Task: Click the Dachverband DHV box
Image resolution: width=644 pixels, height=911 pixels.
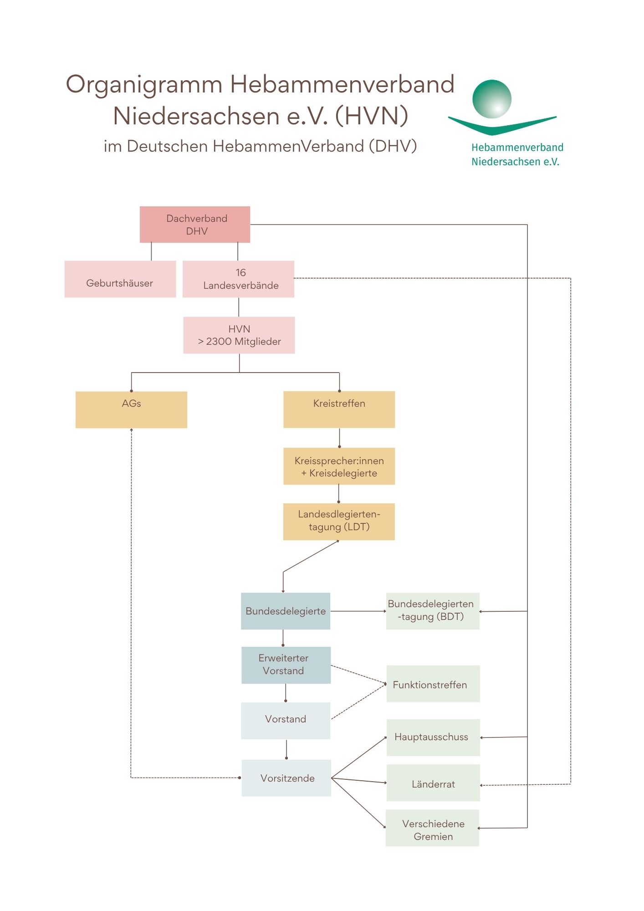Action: pyautogui.click(x=195, y=225)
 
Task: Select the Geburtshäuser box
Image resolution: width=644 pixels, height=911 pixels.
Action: pyautogui.click(x=120, y=279)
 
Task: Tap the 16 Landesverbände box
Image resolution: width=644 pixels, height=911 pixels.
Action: pyautogui.click(x=238, y=279)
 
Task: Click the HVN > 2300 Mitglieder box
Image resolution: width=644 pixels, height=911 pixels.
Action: pyautogui.click(x=239, y=335)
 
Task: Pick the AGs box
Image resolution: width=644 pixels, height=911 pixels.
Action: pyautogui.click(x=131, y=409)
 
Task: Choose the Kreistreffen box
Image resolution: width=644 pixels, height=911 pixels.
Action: pyautogui.click(x=339, y=409)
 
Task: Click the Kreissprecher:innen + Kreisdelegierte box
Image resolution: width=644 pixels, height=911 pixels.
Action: pyautogui.click(x=339, y=466)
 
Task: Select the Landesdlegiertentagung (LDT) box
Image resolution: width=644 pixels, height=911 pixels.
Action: pyautogui.click(x=339, y=522)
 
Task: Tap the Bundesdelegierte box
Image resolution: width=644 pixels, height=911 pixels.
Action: pyautogui.click(x=286, y=611)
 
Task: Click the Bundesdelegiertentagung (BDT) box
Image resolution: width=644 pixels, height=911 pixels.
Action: pyautogui.click(x=433, y=611)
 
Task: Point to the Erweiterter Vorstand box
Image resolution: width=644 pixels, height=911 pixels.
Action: pyautogui.click(x=286, y=665)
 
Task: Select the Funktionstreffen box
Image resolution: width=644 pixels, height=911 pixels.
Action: pyautogui.click(x=433, y=684)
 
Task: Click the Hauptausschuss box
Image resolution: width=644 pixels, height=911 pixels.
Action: pyautogui.click(x=433, y=737)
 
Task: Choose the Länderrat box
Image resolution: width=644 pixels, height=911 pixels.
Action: pyautogui.click(x=433, y=783)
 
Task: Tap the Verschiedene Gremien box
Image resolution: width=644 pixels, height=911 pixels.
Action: pyautogui.click(x=432, y=828)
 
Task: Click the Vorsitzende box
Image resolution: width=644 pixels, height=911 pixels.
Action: pyautogui.click(x=286, y=778)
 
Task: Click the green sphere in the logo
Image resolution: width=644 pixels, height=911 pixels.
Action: pyautogui.click(x=492, y=99)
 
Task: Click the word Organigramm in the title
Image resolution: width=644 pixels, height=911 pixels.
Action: pyautogui.click(x=144, y=85)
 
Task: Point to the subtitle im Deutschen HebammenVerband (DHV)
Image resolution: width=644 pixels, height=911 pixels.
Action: pyautogui.click(x=260, y=146)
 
